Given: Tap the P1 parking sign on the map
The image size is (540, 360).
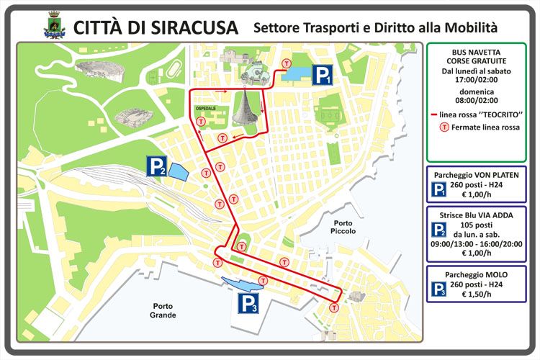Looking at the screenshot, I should (322, 75).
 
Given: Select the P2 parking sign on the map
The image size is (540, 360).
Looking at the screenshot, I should (157, 167).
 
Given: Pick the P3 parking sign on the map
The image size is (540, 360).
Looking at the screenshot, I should (248, 304).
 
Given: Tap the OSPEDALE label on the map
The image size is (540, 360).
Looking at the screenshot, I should (206, 108).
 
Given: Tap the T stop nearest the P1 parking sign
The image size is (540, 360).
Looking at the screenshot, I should (287, 63).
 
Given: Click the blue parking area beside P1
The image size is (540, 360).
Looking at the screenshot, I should (295, 73).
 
